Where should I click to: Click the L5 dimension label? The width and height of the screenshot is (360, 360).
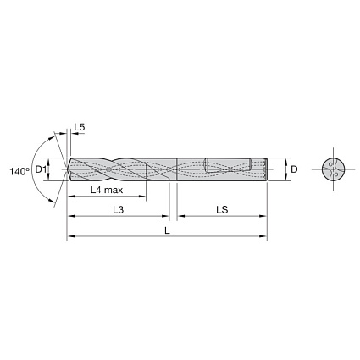[80, 127]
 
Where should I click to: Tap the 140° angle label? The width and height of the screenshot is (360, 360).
[19, 171]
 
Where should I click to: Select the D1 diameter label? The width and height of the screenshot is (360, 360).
[41, 169]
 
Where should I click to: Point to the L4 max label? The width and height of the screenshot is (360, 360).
[107, 190]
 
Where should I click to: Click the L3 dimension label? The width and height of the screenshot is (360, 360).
[119, 210]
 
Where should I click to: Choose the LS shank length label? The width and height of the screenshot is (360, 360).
[222, 210]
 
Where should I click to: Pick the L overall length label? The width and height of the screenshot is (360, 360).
[167, 230]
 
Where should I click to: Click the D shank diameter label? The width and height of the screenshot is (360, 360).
[294, 169]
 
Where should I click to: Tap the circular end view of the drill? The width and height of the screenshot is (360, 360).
[334, 169]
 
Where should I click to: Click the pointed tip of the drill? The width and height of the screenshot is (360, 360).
[65, 169]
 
